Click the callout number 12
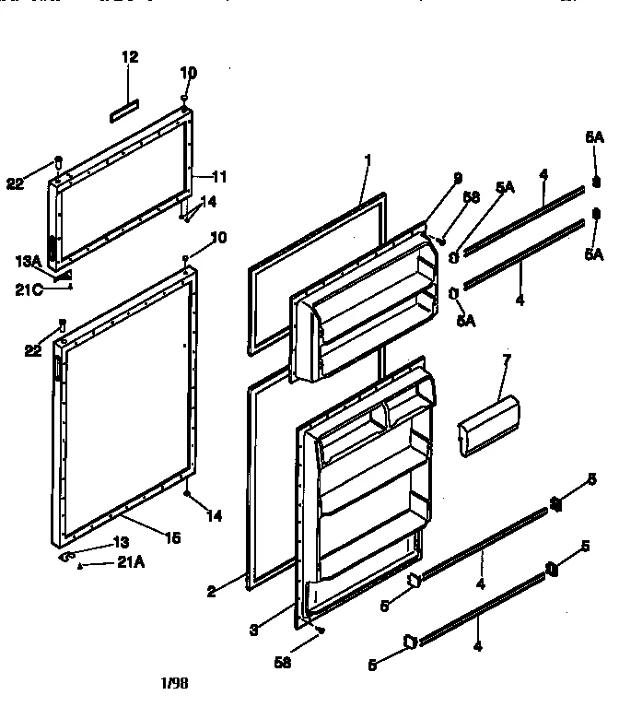[130, 57]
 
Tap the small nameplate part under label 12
[126, 112]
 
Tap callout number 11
[219, 176]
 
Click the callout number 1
[368, 160]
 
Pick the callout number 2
[211, 592]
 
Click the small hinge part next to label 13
[67, 557]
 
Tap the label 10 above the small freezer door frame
[188, 72]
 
